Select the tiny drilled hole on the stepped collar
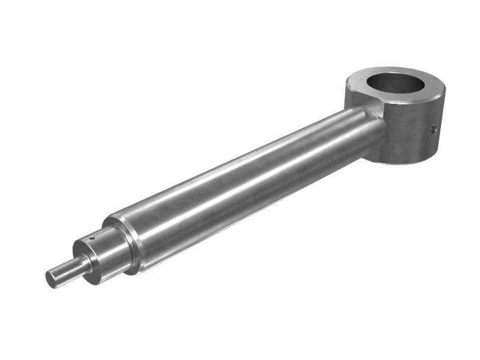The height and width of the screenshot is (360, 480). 92,238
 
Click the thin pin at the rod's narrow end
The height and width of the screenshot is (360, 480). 66,271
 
